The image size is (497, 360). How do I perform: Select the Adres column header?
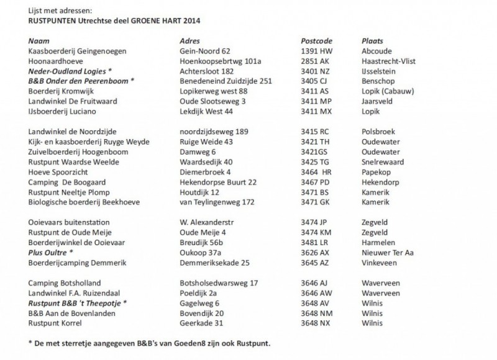point(188,40)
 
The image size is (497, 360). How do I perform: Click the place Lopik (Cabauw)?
point(386,91)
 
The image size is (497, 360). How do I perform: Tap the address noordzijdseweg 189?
point(214,132)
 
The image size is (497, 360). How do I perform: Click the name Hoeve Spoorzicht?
point(58,172)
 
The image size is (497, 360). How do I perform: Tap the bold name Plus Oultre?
point(48,253)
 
